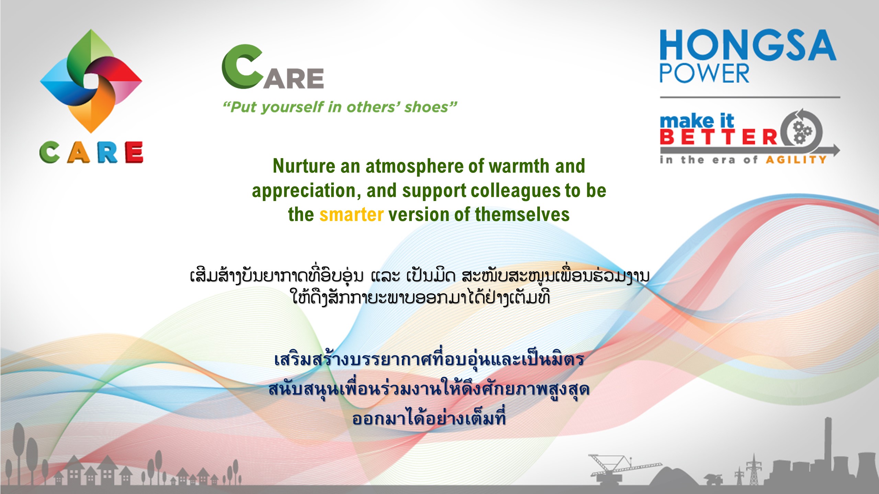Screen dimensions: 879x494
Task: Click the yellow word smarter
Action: tap(351, 215)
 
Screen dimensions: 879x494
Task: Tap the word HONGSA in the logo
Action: tap(748, 45)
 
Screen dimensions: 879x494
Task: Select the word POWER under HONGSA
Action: tap(704, 73)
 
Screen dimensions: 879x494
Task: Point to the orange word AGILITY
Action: tap(796, 160)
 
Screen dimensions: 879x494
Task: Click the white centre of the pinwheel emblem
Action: tap(91, 81)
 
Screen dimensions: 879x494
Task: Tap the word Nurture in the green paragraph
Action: tap(304, 166)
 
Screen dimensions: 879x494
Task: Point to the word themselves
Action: tap(522, 215)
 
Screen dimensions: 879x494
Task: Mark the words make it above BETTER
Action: tap(697, 121)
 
